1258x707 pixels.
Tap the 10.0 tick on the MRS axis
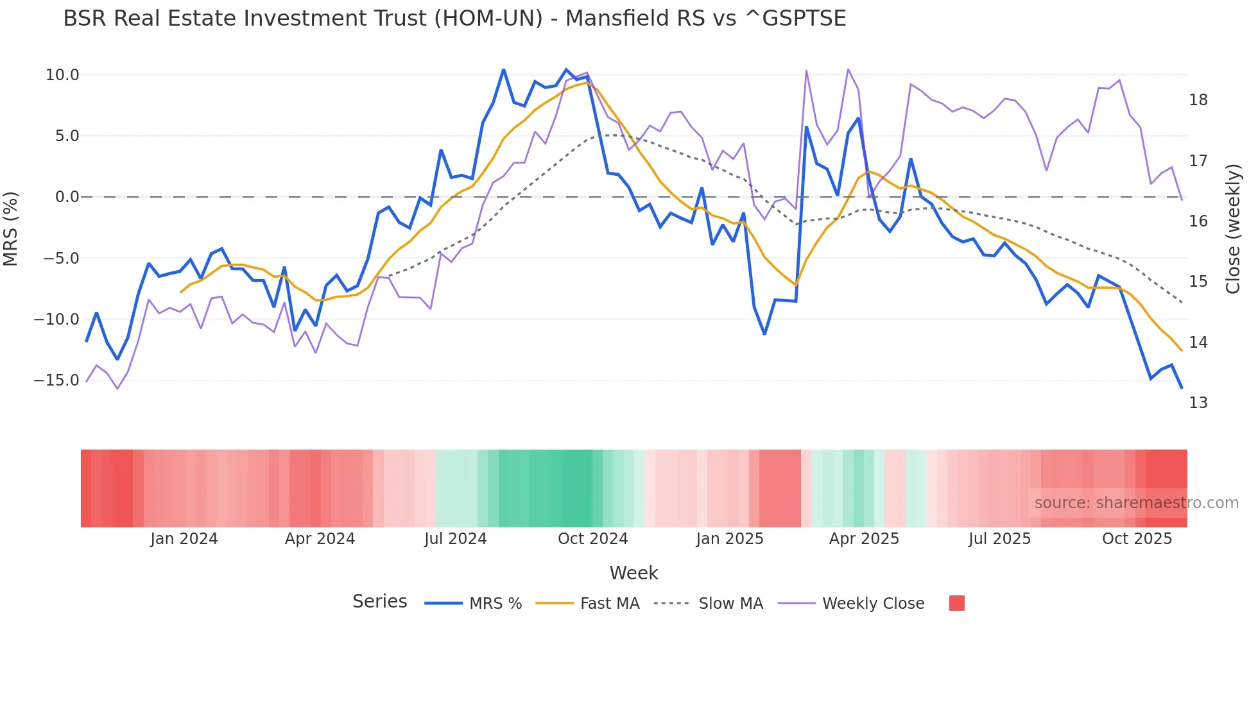(62, 75)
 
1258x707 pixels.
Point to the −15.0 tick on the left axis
(56, 380)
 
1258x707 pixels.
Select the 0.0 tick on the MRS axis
(67, 197)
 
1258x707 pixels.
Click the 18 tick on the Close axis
(1198, 100)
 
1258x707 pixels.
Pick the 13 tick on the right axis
(1198, 403)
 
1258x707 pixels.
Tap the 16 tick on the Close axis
(1198, 221)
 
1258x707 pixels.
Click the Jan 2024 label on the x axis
(184, 539)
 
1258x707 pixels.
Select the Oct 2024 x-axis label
(592, 539)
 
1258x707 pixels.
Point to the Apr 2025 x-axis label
(864, 539)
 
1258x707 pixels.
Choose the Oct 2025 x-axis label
(1137, 539)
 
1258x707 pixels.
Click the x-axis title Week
(633, 573)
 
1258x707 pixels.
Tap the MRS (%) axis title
(11, 228)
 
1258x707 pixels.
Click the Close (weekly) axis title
(1232, 228)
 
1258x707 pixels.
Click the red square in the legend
(956, 603)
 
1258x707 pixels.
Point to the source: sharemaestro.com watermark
(1136, 503)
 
